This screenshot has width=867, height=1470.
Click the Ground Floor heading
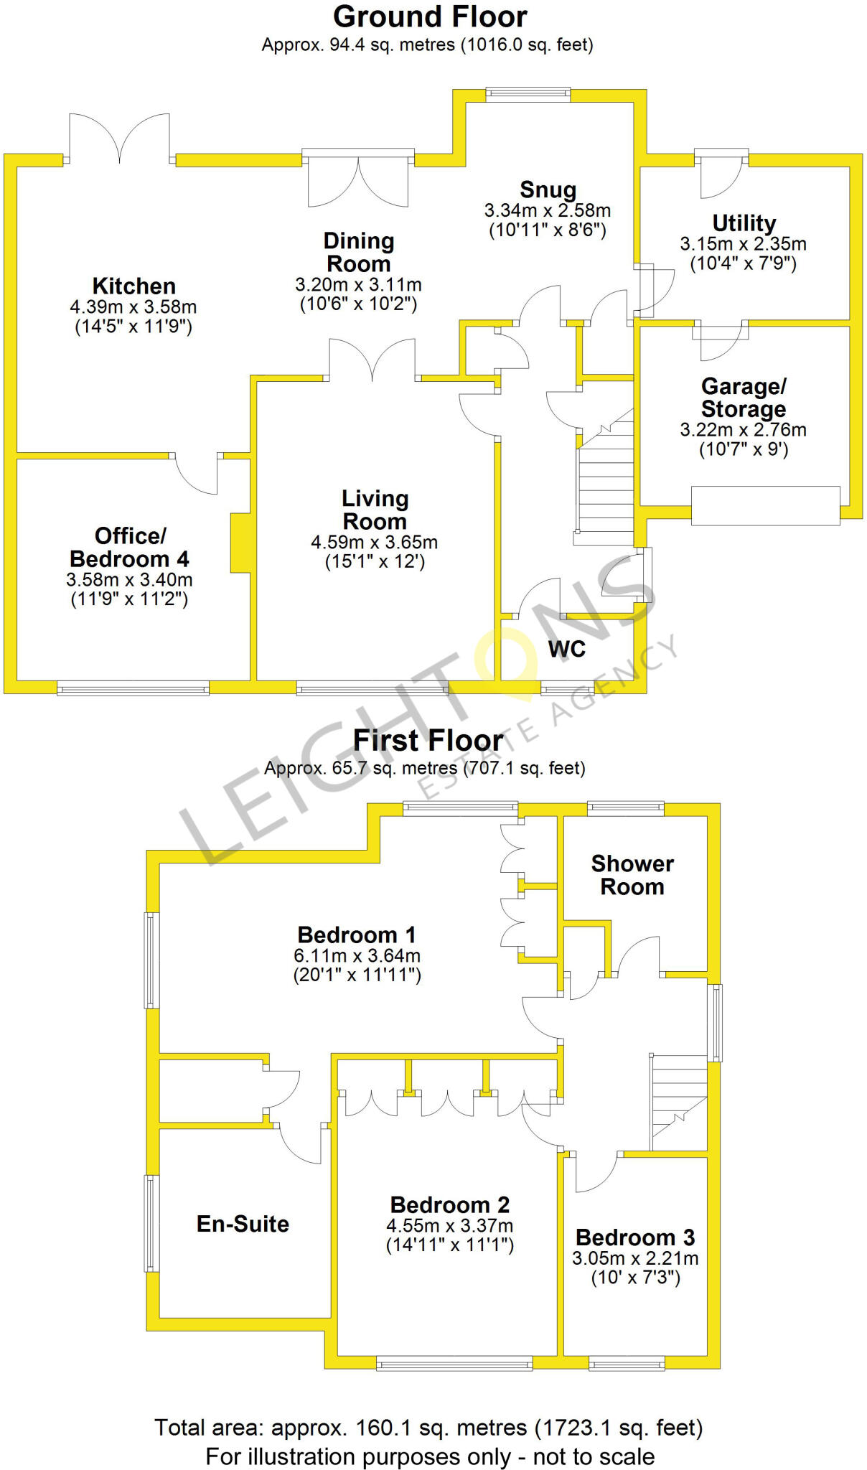[430, 17]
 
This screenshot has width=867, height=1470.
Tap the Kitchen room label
[133, 286]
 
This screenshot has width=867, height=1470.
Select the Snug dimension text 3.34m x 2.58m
[548, 211]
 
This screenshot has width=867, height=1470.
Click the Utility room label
[744, 223]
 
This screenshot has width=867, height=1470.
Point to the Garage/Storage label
[744, 398]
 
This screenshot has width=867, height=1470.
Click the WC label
[566, 650]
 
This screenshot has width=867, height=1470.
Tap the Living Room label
[375, 510]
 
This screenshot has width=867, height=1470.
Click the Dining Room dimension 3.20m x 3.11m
[358, 285]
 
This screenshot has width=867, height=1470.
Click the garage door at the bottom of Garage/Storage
[765, 505]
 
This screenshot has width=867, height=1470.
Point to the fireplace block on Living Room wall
[240, 543]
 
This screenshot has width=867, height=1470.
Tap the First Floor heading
[428, 740]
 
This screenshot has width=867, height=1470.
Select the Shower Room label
[632, 875]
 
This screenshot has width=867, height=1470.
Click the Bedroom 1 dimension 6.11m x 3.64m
[357, 956]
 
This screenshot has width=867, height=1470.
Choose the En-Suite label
[243, 1224]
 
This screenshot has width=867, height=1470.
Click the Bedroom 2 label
[449, 1204]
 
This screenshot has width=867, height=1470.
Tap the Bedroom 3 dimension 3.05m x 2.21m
[635, 1258]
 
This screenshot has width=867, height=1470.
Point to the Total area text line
[428, 1428]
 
